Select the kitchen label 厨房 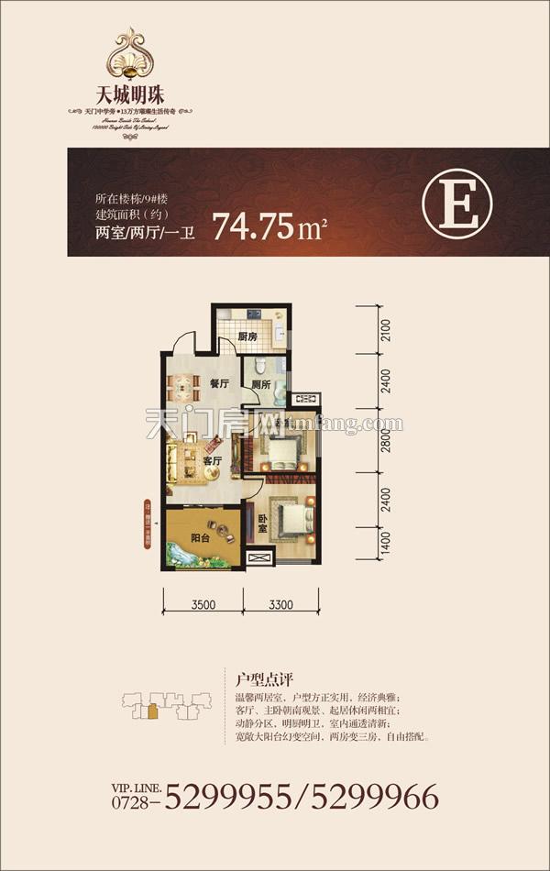pos(246,336)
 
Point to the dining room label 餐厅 pos(217,386)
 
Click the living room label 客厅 pos(213,460)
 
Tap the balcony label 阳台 pos(201,538)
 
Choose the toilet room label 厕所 pos(260,386)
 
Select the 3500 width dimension pos(203,604)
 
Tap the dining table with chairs pos(185,386)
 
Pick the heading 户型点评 pos(263,679)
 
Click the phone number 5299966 pos(376,795)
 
